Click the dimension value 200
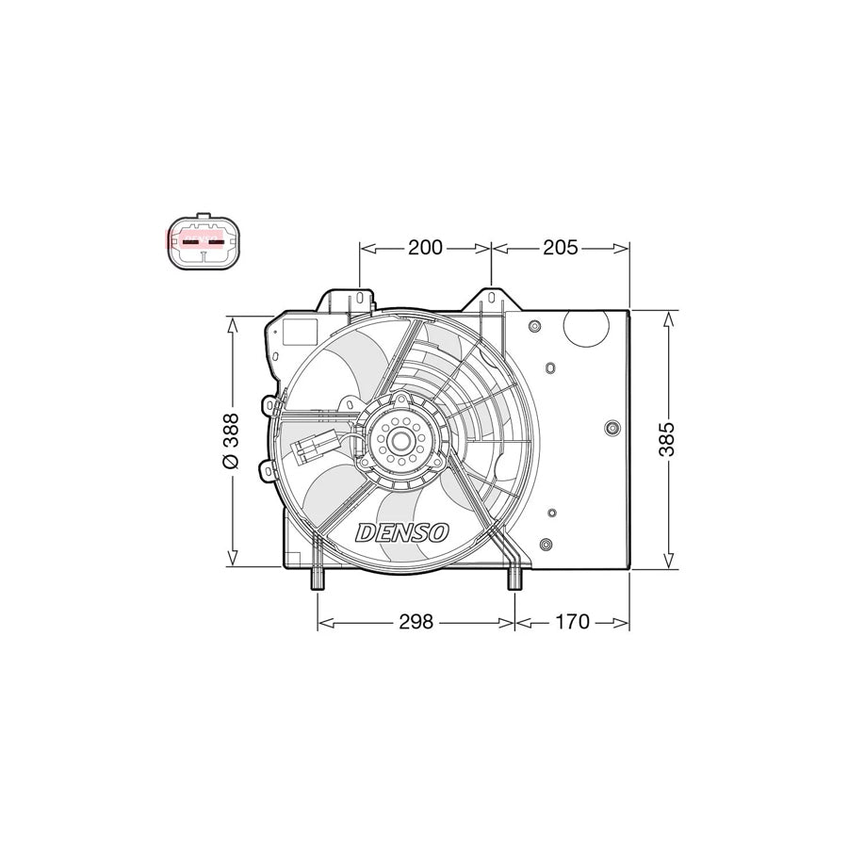click(x=425, y=248)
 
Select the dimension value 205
click(x=560, y=248)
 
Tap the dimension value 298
click(x=416, y=622)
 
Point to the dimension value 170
click(x=572, y=622)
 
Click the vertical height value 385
click(x=666, y=439)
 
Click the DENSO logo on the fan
click(x=403, y=532)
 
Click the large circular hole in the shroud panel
click(x=586, y=330)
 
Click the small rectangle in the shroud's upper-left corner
click(x=302, y=333)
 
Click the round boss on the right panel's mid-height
click(x=613, y=429)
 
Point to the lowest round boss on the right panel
click(x=546, y=545)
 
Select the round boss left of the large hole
click(x=534, y=327)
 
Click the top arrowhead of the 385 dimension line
click(x=668, y=318)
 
